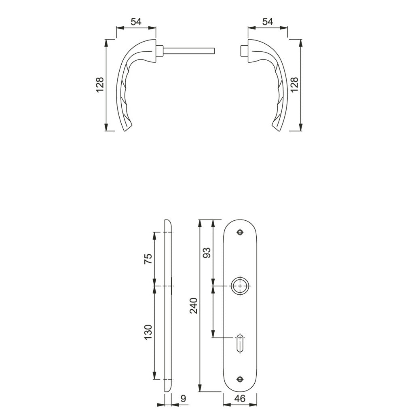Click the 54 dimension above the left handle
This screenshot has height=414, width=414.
136,22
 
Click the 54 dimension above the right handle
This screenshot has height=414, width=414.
268,22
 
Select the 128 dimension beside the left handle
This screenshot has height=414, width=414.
100,85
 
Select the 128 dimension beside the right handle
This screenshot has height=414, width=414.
295,85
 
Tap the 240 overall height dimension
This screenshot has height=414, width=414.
194,306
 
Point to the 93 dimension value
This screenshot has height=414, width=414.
207,253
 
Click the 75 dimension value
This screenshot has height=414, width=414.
148,259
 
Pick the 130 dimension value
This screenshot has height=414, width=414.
148,332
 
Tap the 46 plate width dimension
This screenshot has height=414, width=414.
240,399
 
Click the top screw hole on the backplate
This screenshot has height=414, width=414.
241,232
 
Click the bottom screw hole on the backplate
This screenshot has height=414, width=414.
241,379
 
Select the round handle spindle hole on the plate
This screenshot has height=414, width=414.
241,286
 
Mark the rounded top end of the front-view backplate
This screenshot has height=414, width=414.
241,223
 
